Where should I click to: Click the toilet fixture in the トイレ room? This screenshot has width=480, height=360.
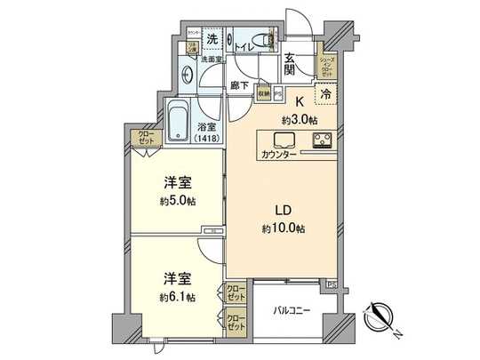click(259, 40)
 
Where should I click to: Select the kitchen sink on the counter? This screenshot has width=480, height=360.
click(284, 140)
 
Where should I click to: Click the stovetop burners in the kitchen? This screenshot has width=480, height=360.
click(320, 140)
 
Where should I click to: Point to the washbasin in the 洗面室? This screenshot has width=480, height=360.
click(188, 76)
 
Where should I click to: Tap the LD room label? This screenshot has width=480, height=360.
click(282, 212)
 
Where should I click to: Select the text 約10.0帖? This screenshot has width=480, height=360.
click(282, 228)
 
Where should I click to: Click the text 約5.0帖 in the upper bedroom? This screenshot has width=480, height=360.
click(179, 201)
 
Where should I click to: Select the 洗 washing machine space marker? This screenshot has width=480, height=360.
click(212, 39)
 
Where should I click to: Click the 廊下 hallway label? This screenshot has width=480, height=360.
click(237, 86)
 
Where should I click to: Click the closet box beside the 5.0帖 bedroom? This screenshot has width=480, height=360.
click(144, 138)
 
